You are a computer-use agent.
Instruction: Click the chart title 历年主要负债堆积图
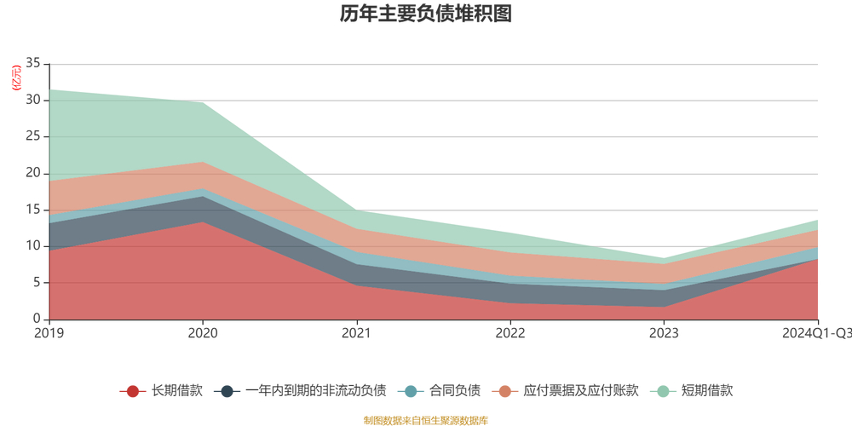tap(425, 14)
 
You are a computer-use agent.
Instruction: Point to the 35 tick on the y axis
tap(34, 64)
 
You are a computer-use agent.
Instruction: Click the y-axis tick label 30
tap(34, 101)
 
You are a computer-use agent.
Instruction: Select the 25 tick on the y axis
tap(34, 137)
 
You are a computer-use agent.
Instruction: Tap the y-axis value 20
tap(34, 174)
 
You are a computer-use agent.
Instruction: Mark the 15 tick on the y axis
tap(34, 210)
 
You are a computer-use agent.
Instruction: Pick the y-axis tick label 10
tap(34, 246)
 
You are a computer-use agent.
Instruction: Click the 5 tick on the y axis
tap(37, 283)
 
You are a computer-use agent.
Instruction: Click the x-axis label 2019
tap(49, 333)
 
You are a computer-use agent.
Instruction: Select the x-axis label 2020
tap(203, 333)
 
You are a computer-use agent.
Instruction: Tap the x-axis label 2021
tap(357, 333)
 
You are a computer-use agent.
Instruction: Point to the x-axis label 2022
tap(510, 333)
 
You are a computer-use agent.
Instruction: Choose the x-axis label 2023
tap(665, 333)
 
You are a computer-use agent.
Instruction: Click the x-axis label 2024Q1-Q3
tap(816, 333)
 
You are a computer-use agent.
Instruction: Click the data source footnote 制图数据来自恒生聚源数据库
tap(425, 420)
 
